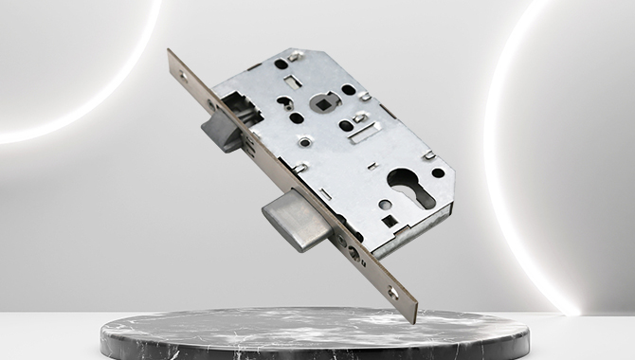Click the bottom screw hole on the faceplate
[392, 291]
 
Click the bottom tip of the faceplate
[413, 318]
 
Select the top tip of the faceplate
[172, 53]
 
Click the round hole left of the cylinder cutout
[383, 203]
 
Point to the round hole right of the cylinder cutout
[438, 172]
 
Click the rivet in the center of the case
[305, 142]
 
